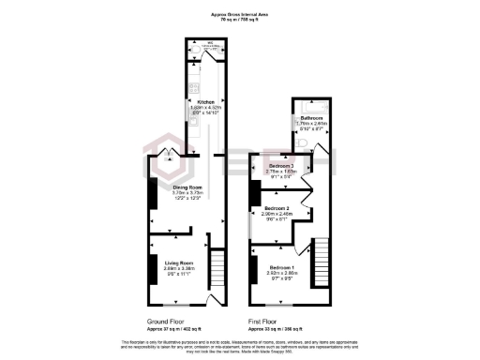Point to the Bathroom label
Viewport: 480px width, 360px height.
pyautogui.click(x=313, y=117)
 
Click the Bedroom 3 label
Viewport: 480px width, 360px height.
pyautogui.click(x=281, y=166)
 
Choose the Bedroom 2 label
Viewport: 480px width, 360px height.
pyautogui.click(x=279, y=208)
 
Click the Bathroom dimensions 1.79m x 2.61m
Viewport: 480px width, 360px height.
pyautogui.click(x=313, y=123)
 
